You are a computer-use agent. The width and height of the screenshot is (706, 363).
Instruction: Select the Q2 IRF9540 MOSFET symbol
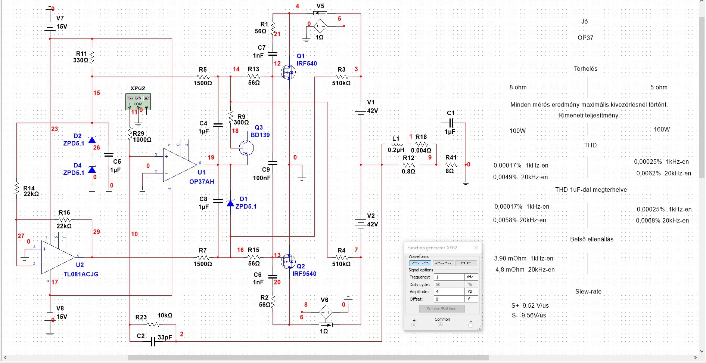click(x=288, y=261)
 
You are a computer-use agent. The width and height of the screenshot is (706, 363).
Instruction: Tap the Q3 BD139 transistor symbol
click(x=245, y=148)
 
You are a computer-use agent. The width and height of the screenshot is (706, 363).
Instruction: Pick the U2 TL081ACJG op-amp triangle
click(x=58, y=257)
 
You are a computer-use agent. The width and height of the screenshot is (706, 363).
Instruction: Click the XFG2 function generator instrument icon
click(x=138, y=102)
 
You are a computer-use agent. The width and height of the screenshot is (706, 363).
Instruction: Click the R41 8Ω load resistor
click(x=451, y=165)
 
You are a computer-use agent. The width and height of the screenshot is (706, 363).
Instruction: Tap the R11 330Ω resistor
click(x=92, y=57)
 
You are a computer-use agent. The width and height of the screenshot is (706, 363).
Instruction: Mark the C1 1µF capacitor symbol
click(x=451, y=123)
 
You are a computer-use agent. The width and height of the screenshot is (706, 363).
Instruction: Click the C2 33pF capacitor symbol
click(x=153, y=341)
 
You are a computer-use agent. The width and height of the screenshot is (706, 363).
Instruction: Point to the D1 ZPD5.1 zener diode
click(x=230, y=203)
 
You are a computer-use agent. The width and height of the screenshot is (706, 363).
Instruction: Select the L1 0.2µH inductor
click(x=396, y=144)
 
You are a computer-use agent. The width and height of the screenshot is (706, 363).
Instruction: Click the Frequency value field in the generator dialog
click(x=449, y=277)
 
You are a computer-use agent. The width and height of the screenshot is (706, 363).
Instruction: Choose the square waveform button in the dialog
click(x=466, y=263)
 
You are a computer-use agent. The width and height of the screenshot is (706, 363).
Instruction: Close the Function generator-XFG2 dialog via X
click(x=476, y=247)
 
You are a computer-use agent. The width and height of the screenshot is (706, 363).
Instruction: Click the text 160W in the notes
click(x=662, y=129)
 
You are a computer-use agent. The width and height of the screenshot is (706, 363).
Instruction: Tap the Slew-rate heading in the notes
click(x=588, y=292)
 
